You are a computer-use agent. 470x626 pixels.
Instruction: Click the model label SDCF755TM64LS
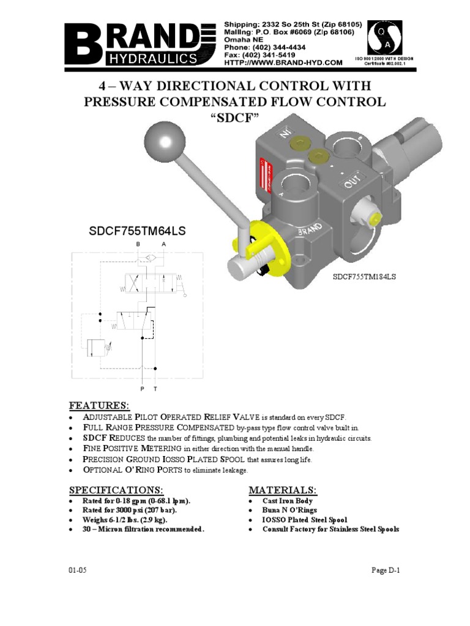(129, 231)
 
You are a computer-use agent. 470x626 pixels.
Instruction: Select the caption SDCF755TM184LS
(365, 276)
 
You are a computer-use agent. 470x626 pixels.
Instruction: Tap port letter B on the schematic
(138, 243)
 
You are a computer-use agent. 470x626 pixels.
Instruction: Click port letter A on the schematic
(163, 243)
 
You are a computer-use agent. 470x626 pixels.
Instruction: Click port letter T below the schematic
(155, 388)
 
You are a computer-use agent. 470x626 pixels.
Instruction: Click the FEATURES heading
(99, 406)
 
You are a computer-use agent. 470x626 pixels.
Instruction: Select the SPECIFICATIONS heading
(116, 490)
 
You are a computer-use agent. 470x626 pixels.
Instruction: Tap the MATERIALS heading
(282, 490)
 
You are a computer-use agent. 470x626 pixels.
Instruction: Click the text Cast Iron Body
(288, 501)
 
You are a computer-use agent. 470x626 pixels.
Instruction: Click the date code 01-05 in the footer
(78, 570)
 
